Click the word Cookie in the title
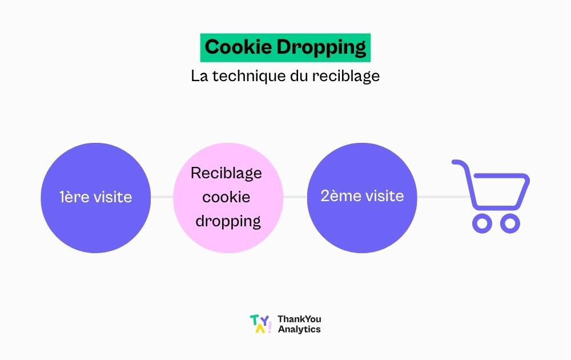coord(238,47)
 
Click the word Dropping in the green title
coord(321,48)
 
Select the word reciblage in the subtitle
coord(346,77)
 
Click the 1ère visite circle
coord(96,198)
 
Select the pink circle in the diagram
coord(228,198)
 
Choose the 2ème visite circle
coord(362,198)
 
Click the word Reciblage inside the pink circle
coord(226,174)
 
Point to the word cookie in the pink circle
coord(226,197)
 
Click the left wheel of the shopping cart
coord(482,223)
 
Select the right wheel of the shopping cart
coord(510,223)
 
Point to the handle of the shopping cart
coord(460,162)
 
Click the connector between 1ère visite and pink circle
coord(162,197)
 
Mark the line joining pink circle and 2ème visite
coord(295,197)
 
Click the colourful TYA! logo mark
coord(261,324)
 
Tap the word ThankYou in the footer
coord(299,319)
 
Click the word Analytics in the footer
coord(299,329)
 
